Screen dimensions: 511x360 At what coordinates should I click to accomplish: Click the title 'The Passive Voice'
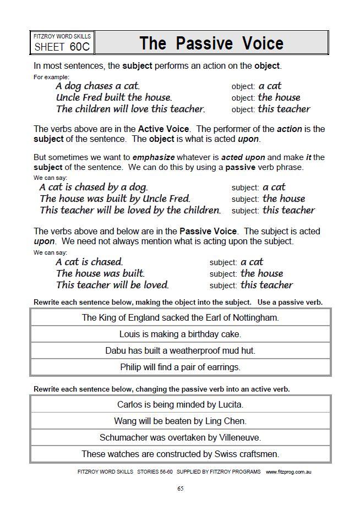tap(211, 43)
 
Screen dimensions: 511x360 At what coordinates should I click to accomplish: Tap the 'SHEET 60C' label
tap(62, 47)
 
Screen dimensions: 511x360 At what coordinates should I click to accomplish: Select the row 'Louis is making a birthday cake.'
tap(180, 334)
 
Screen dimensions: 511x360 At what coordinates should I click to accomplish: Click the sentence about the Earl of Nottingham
tap(180, 317)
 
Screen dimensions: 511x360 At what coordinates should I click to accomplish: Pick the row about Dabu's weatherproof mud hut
tap(180, 350)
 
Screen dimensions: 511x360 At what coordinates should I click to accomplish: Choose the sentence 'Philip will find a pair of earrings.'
tap(180, 367)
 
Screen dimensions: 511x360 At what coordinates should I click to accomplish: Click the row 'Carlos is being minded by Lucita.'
tap(180, 404)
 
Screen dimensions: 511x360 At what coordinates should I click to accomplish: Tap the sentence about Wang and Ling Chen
tap(180, 421)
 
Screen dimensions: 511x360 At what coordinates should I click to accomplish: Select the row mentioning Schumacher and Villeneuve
tap(180, 437)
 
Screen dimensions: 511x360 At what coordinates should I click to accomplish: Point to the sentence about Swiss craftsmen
tap(180, 454)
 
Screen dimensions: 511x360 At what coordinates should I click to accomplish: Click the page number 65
tap(180, 488)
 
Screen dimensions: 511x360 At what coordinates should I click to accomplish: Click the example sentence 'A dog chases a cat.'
tap(98, 86)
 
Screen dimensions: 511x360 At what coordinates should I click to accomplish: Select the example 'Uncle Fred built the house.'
tap(114, 97)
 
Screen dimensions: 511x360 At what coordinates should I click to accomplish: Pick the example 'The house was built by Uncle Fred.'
tap(115, 199)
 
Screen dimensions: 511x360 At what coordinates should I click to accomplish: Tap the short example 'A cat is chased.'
tap(89, 262)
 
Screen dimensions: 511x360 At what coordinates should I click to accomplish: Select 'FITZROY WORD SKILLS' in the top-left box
tap(62, 36)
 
